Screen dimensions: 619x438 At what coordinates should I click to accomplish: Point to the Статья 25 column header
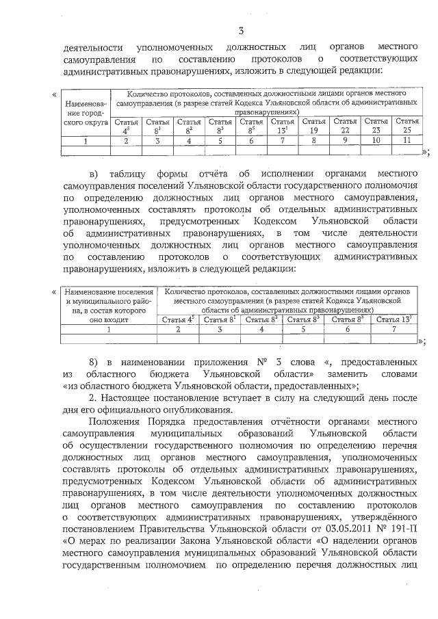pyautogui.click(x=408, y=125)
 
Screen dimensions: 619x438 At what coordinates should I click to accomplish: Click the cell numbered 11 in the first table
pyautogui.click(x=408, y=141)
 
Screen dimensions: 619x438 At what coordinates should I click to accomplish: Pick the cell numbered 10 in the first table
pyautogui.click(x=376, y=141)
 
